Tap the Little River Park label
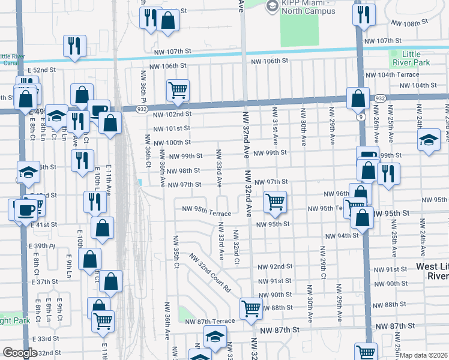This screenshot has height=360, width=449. [x=412, y=58]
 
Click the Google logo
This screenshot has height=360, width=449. [x=20, y=353]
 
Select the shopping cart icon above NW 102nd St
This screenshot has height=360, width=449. [x=178, y=91]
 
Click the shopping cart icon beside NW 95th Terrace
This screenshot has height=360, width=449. [x=274, y=202]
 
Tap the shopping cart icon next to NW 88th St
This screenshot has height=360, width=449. [x=252, y=309]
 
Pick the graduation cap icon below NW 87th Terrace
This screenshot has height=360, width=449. [x=215, y=337]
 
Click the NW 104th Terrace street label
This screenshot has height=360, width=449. [x=392, y=75]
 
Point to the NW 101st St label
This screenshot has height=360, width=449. [x=171, y=128]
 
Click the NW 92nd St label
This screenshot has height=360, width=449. [x=274, y=266]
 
